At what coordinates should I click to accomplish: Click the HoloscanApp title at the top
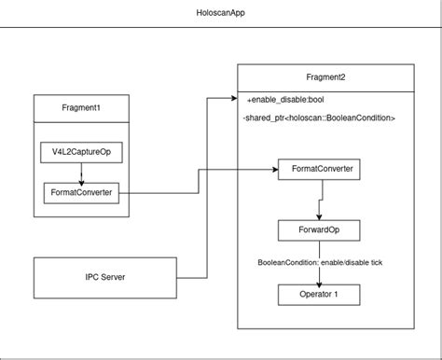pyautogui.click(x=221, y=13)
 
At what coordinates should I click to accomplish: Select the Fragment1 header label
pyautogui.click(x=79, y=109)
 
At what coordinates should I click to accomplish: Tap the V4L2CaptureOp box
pyautogui.click(x=79, y=152)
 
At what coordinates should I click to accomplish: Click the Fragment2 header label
pyautogui.click(x=325, y=77)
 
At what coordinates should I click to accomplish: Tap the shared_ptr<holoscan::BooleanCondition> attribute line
pyautogui.click(x=319, y=118)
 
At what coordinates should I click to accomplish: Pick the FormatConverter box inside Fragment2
pyautogui.click(x=321, y=170)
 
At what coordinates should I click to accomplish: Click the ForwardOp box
pyautogui.click(x=321, y=230)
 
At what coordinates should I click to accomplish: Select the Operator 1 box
pyautogui.click(x=321, y=297)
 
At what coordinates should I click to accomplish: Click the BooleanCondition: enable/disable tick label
pyautogui.click(x=321, y=264)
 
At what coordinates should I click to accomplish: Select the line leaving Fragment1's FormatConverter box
pyautogui.click(x=159, y=194)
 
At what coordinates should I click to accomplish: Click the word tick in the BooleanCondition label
pyautogui.click(x=375, y=264)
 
